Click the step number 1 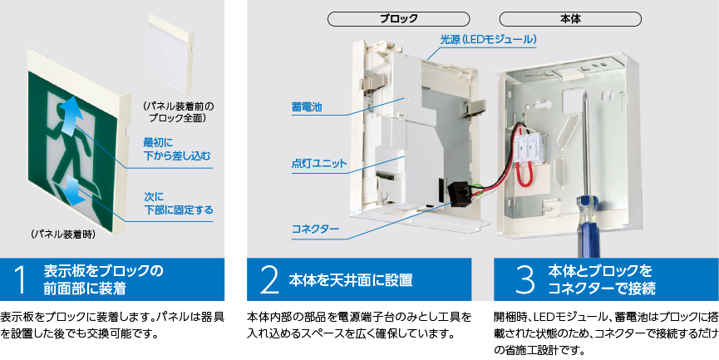pos(21,279)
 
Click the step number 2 pos(268,279)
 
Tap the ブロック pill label pos(398,18)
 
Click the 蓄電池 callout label pos(307,107)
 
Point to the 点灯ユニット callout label pos(319,164)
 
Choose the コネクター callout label pos(315,228)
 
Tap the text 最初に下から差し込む pos(177,148)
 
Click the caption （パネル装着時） pos(63,235)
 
